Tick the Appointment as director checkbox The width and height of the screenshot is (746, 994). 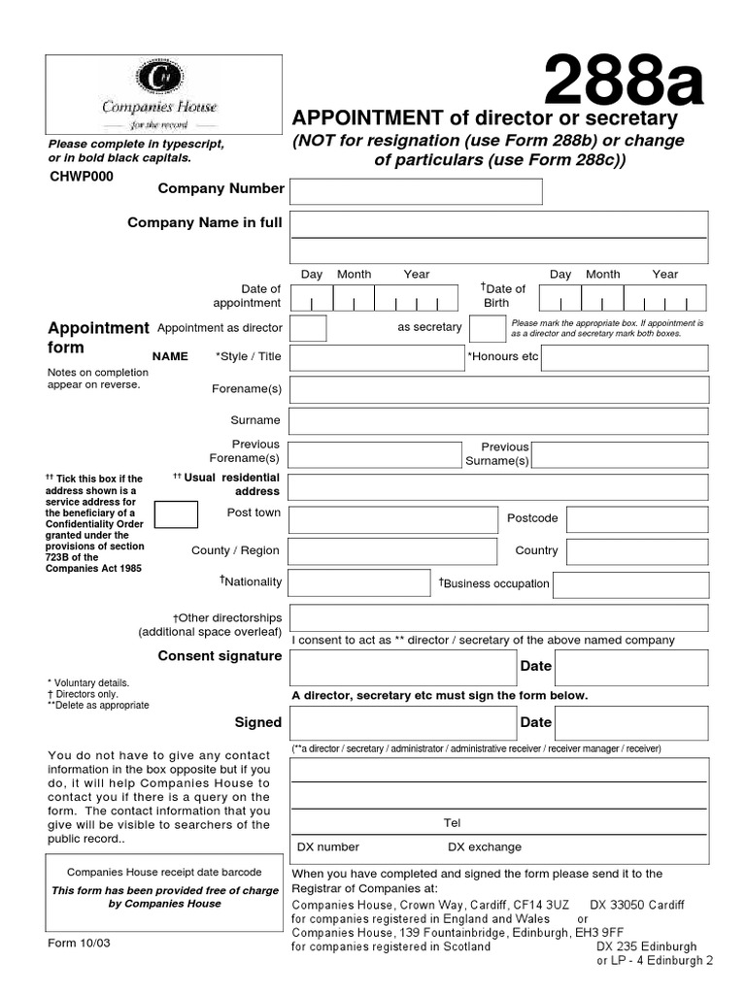coord(308,328)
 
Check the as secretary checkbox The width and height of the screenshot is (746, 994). coord(487,328)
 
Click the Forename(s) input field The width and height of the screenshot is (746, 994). coord(498,389)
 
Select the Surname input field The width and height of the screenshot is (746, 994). coord(498,421)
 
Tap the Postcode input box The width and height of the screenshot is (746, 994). coord(637,519)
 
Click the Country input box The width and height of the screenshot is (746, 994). coord(637,551)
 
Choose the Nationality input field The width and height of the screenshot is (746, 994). coord(359,582)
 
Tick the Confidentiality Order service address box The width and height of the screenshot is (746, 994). coord(176,514)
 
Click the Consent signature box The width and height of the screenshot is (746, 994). coord(403,667)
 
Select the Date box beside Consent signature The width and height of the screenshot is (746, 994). coord(630,667)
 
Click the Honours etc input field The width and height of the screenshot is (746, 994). coord(624,357)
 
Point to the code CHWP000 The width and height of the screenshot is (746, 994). coord(81,177)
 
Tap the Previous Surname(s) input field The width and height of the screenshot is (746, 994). coord(620,454)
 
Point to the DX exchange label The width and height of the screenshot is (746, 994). coord(484,846)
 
